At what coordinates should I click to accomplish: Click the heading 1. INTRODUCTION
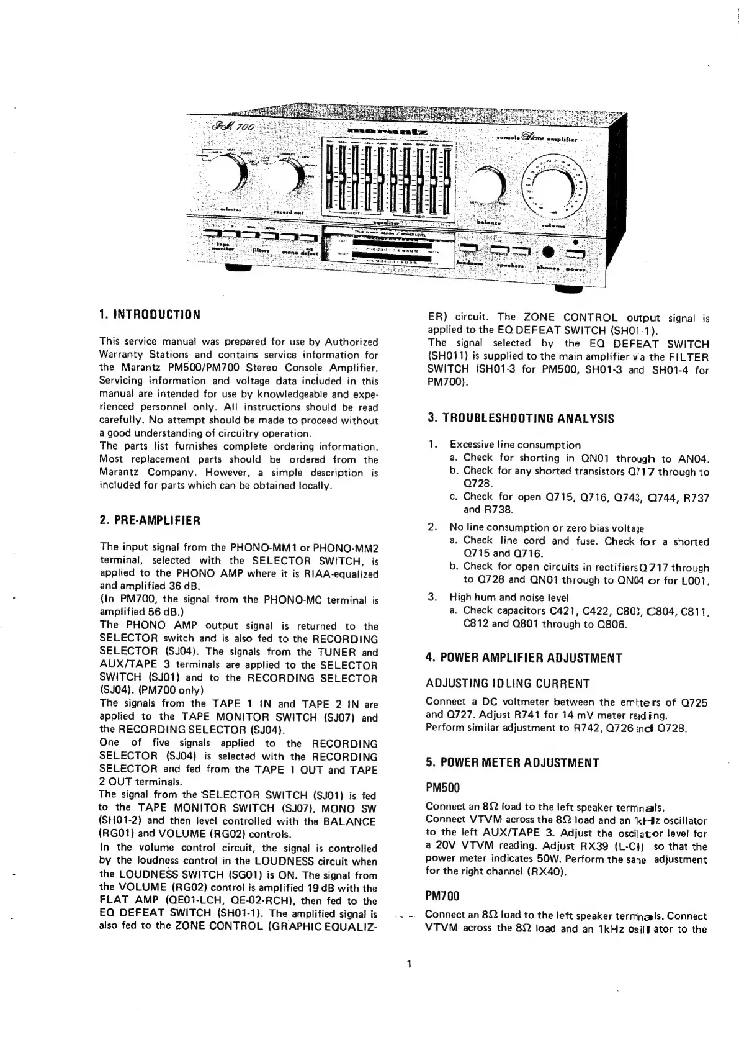coord(150,314)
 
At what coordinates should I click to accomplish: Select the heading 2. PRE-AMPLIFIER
coord(150,520)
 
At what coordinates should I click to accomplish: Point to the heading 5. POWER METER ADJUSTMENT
coord(513,762)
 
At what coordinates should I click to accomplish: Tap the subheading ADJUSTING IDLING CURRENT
coord(508,684)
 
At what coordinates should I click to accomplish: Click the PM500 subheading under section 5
coord(443,788)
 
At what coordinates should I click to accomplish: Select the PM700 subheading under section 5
coord(443,896)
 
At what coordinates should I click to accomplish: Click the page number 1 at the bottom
coord(407,964)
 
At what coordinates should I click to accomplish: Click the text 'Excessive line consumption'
coord(515,445)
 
